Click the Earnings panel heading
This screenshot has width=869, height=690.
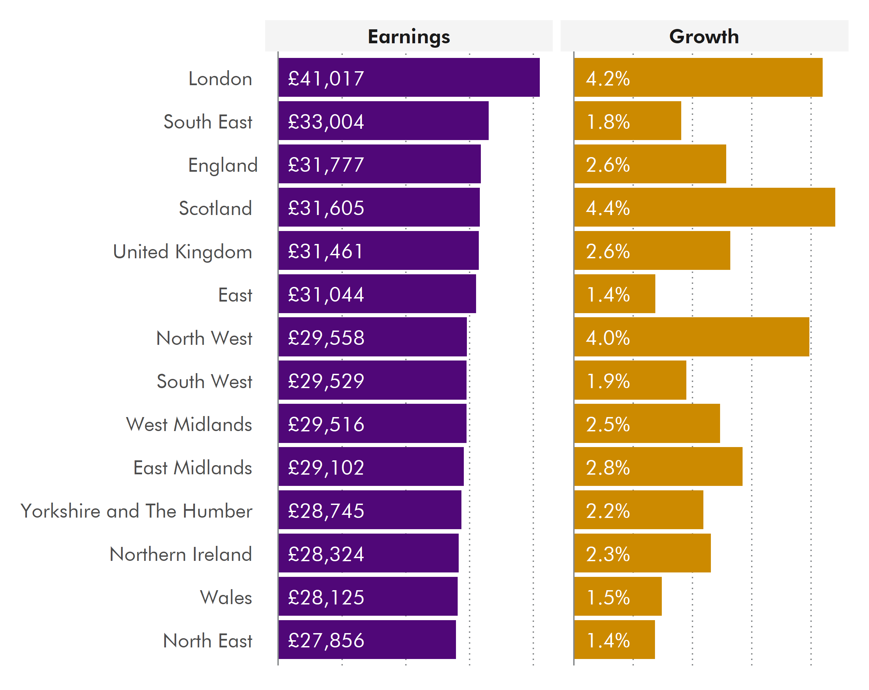click(408, 37)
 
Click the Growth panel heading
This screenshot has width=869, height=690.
click(704, 37)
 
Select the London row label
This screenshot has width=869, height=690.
click(220, 79)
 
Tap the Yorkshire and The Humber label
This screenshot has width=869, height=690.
click(136, 511)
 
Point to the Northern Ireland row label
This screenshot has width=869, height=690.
click(181, 554)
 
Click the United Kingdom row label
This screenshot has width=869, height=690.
click(182, 252)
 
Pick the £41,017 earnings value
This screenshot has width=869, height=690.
click(326, 79)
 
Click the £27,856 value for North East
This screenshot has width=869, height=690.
click(326, 641)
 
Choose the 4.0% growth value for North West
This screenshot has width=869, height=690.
click(608, 338)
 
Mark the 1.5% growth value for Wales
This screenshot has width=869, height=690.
click(608, 597)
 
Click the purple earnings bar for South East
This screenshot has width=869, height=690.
click(423, 121)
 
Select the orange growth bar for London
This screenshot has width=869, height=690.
click(726, 77)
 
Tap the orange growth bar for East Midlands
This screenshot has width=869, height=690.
click(685, 466)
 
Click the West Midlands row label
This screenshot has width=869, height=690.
click(189, 425)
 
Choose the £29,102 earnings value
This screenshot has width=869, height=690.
click(326, 467)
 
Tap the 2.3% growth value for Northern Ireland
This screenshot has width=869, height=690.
click(608, 554)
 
